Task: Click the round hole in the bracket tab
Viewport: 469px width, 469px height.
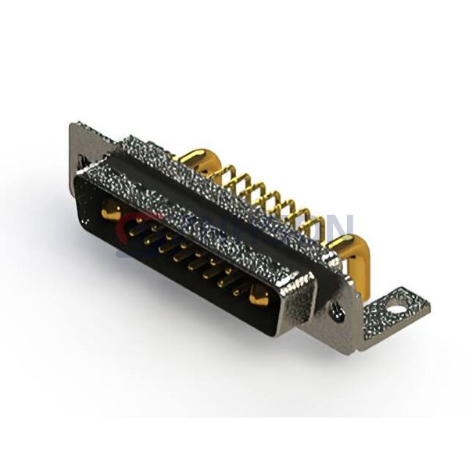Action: [x=397, y=307]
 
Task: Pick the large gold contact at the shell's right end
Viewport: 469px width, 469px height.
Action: [x=259, y=294]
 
